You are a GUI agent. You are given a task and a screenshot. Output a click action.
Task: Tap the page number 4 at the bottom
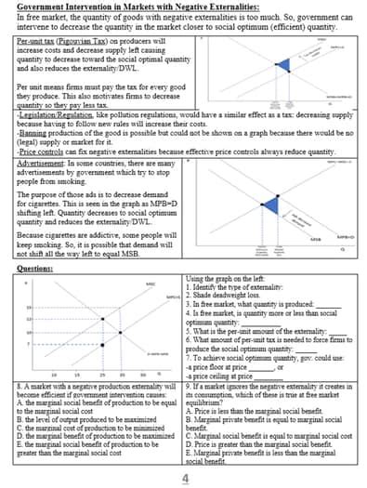point(185,478)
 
